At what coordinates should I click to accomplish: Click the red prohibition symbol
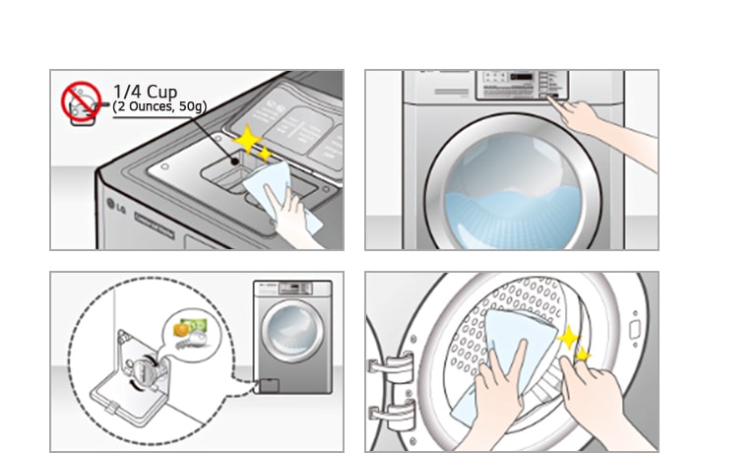(x=82, y=101)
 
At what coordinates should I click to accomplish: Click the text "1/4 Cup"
(x=146, y=93)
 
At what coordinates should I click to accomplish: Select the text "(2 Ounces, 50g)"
(x=159, y=106)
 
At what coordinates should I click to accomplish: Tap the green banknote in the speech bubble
(x=198, y=325)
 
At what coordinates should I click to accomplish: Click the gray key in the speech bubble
(x=190, y=342)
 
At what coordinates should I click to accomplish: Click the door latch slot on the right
(x=635, y=328)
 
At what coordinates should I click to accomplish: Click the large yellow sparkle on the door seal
(x=568, y=340)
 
